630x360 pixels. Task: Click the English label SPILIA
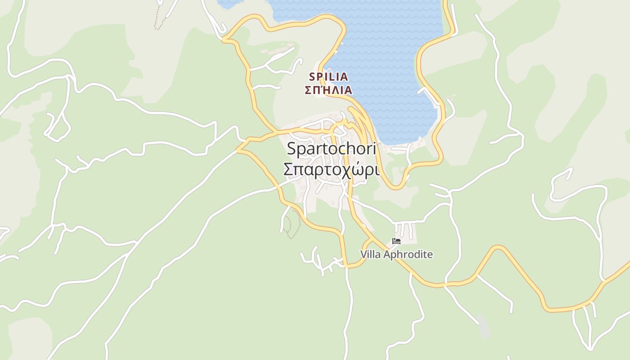[x=328, y=77]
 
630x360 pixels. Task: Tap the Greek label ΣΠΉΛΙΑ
[x=328, y=90]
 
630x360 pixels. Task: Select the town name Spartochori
[x=331, y=148]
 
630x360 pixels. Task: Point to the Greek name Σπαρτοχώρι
[x=331, y=170]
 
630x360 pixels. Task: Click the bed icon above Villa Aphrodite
[x=396, y=242]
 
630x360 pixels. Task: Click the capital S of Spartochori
[x=291, y=148]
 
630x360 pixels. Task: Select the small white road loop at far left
[x=58, y=128]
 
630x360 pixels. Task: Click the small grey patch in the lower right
[x=482, y=328]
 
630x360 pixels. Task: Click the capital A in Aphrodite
[x=384, y=255]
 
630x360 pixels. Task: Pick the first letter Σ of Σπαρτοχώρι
[x=288, y=170]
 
